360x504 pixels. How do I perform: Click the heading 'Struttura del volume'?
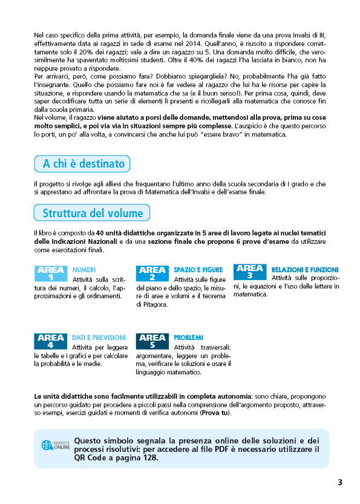93,213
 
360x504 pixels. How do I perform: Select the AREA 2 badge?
152,273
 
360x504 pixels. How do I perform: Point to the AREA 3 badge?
250,272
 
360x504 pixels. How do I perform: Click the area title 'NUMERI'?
83,270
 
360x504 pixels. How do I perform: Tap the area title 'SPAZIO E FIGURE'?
195,270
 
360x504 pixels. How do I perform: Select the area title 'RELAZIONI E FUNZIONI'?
305,270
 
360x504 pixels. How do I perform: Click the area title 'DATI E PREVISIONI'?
99,338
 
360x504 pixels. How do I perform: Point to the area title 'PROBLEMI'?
188,338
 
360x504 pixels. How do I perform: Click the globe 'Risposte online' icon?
47,445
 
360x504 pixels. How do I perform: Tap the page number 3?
340,482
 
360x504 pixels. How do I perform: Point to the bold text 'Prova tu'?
215,413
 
